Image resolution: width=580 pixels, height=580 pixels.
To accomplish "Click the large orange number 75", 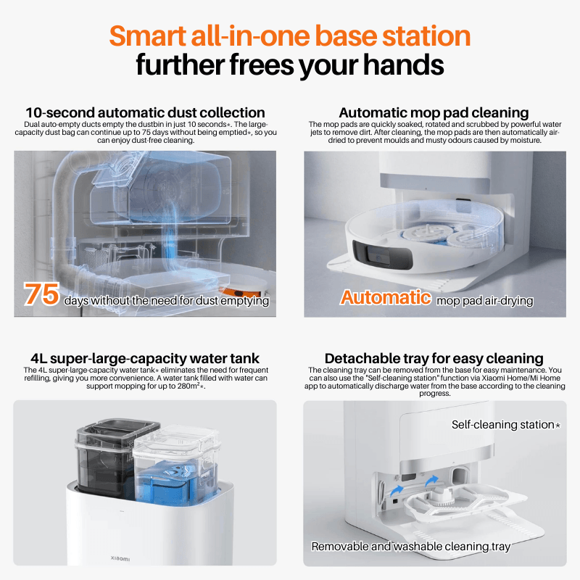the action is coord(41,294).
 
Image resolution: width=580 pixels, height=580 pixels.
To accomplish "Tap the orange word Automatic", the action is coord(386,297).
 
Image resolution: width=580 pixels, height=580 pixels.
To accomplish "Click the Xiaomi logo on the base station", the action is coord(120,558).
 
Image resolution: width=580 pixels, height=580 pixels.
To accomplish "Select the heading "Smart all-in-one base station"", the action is coord(289,36).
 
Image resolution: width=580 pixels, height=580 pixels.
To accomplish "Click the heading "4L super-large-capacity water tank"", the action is coord(145,358).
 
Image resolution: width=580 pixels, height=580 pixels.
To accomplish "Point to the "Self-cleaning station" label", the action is coord(505,425).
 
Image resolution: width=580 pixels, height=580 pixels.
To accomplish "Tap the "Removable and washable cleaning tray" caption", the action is coord(411,547).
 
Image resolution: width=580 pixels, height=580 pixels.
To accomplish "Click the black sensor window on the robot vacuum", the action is coord(382,255).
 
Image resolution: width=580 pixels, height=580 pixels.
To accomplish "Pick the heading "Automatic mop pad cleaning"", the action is coord(434,112).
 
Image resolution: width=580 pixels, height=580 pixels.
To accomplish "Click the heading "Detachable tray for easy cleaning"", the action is coord(434,358).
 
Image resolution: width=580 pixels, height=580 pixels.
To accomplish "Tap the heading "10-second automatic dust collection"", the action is coord(145,112).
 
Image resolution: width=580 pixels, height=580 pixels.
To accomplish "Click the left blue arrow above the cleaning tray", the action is coord(397,491).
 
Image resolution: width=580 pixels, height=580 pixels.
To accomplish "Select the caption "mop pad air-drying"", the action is coord(485,301).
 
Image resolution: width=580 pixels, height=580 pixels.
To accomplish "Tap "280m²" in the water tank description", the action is coord(188,386).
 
